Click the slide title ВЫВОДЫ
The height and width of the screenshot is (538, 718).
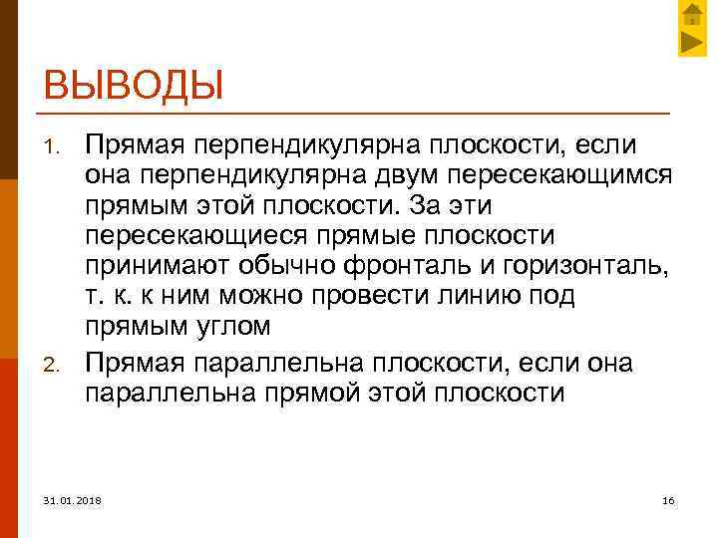click(x=134, y=85)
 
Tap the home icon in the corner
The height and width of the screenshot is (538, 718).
click(x=692, y=14)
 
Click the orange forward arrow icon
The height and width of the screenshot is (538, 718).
click(x=692, y=42)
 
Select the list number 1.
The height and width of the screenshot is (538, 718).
click(x=56, y=148)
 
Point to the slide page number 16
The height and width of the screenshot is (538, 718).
click(x=668, y=498)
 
